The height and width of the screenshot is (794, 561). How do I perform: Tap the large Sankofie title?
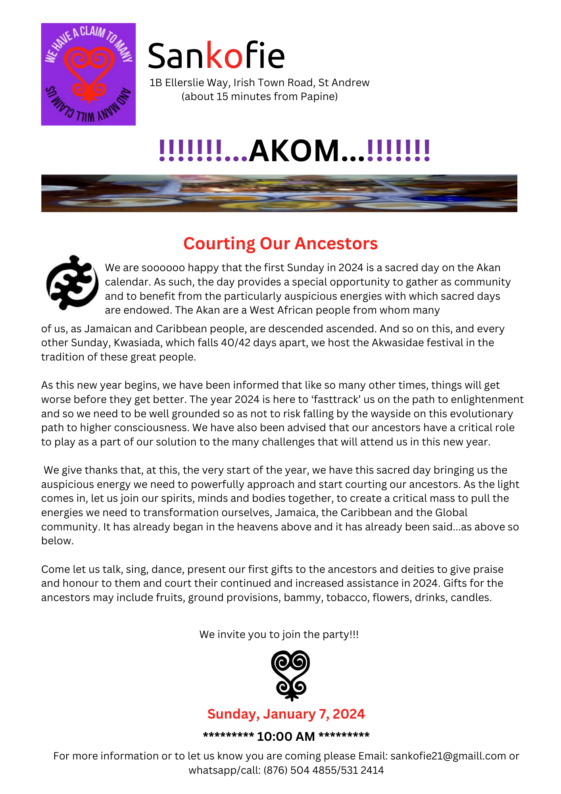click(x=216, y=56)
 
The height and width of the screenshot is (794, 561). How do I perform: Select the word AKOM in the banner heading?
click(x=294, y=151)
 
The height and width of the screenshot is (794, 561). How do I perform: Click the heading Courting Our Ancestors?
click(x=280, y=243)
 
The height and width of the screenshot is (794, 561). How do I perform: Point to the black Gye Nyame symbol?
click(x=72, y=282)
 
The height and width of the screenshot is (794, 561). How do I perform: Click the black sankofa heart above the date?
click(x=290, y=675)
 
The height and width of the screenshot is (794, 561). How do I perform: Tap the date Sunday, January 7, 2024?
click(x=286, y=714)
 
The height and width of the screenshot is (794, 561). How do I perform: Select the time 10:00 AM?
click(x=286, y=736)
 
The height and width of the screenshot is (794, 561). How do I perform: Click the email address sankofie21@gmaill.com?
click(x=448, y=756)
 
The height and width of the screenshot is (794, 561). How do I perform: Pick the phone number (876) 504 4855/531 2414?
click(x=323, y=770)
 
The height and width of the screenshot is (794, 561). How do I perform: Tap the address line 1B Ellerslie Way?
click(x=189, y=83)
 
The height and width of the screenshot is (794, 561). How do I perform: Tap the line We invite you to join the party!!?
click(x=279, y=634)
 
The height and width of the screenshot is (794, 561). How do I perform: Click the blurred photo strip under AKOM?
click(x=279, y=193)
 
